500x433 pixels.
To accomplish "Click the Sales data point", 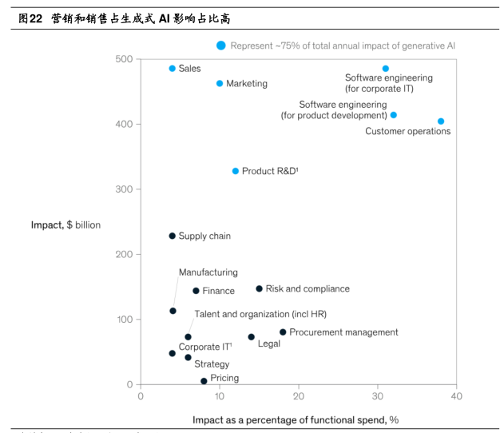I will pyautogui.click(x=173, y=69).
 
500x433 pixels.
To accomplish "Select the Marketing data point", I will pyautogui.click(x=220, y=83).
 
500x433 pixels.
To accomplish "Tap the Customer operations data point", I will pyautogui.click(x=441, y=121).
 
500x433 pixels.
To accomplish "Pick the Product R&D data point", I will pyautogui.click(x=236, y=171).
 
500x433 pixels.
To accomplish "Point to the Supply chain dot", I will pyautogui.click(x=173, y=236).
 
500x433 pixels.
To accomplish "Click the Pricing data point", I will pyautogui.click(x=204, y=381).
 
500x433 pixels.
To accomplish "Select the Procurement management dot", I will pyautogui.click(x=283, y=332).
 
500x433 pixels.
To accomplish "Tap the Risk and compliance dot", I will pyautogui.click(x=259, y=289).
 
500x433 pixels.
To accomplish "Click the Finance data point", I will pyautogui.click(x=196, y=291).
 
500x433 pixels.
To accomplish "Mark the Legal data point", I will pyautogui.click(x=251, y=337).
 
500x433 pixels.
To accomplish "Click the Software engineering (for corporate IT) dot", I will pyautogui.click(x=386, y=69).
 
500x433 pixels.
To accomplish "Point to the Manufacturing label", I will pyautogui.click(x=208, y=272).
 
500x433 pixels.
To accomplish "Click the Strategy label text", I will pyautogui.click(x=212, y=364).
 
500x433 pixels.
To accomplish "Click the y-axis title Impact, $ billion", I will pyautogui.click(x=65, y=225).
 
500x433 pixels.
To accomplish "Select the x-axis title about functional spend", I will pyautogui.click(x=295, y=419).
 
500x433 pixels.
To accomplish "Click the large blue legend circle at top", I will pyautogui.click(x=221, y=46).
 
